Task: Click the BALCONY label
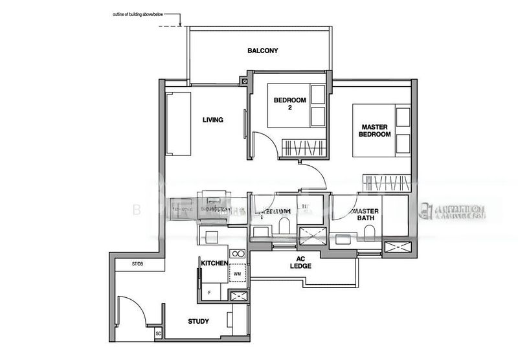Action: (x=262, y=51)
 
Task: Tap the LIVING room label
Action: (x=212, y=120)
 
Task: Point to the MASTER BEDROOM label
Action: (x=375, y=130)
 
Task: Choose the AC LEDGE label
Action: (x=300, y=262)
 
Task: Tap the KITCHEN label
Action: (x=214, y=264)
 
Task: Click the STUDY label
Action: (x=198, y=321)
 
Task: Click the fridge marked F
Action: (x=209, y=293)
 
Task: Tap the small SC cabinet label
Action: (x=159, y=333)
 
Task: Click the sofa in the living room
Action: (x=178, y=123)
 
